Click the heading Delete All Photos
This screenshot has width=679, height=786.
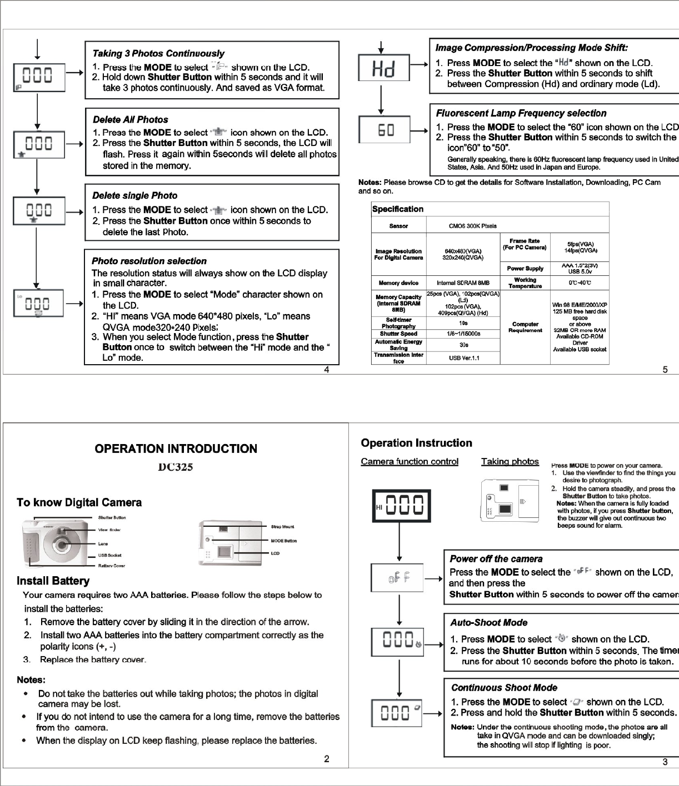click(131, 119)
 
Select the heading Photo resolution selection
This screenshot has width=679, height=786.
click(149, 261)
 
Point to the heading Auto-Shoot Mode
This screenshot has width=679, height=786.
click(488, 623)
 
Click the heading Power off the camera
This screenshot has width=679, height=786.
click(496, 559)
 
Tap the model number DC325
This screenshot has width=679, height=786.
click(176, 467)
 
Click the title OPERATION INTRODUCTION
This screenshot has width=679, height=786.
click(176, 449)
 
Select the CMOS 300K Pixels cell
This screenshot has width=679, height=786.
click(472, 226)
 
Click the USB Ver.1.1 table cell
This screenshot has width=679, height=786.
click(463, 358)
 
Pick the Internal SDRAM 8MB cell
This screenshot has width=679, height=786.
click(463, 283)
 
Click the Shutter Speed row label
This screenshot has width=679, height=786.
click(398, 334)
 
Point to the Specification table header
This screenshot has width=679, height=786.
click(398, 209)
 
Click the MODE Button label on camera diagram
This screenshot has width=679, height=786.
click(283, 541)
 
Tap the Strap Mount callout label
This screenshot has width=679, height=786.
click(282, 527)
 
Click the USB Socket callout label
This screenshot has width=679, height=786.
click(109, 555)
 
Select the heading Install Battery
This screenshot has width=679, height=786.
click(53, 581)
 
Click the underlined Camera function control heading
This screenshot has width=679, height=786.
click(410, 461)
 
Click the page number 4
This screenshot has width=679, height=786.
click(327, 370)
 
